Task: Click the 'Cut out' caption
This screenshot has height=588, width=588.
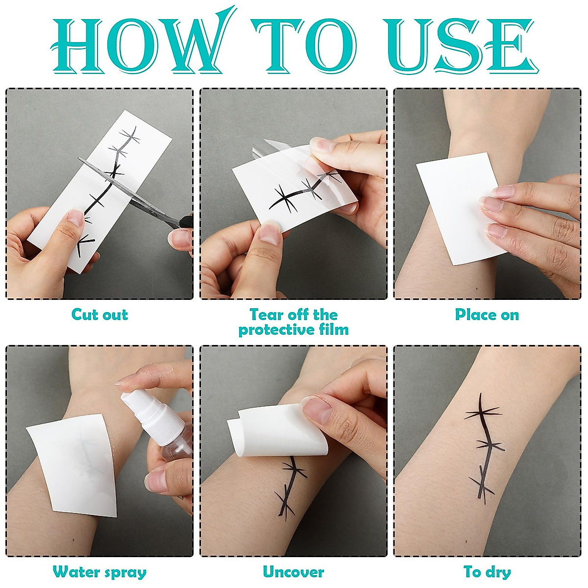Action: tap(99, 315)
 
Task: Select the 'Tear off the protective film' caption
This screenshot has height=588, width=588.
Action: tap(294, 322)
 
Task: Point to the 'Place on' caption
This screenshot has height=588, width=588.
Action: tap(487, 315)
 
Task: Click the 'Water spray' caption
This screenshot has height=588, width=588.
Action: tap(99, 572)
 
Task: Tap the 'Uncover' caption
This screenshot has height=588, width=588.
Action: tap(294, 572)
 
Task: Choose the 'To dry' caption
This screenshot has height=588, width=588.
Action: tap(487, 572)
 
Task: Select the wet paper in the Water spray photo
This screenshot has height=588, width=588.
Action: tap(73, 465)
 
